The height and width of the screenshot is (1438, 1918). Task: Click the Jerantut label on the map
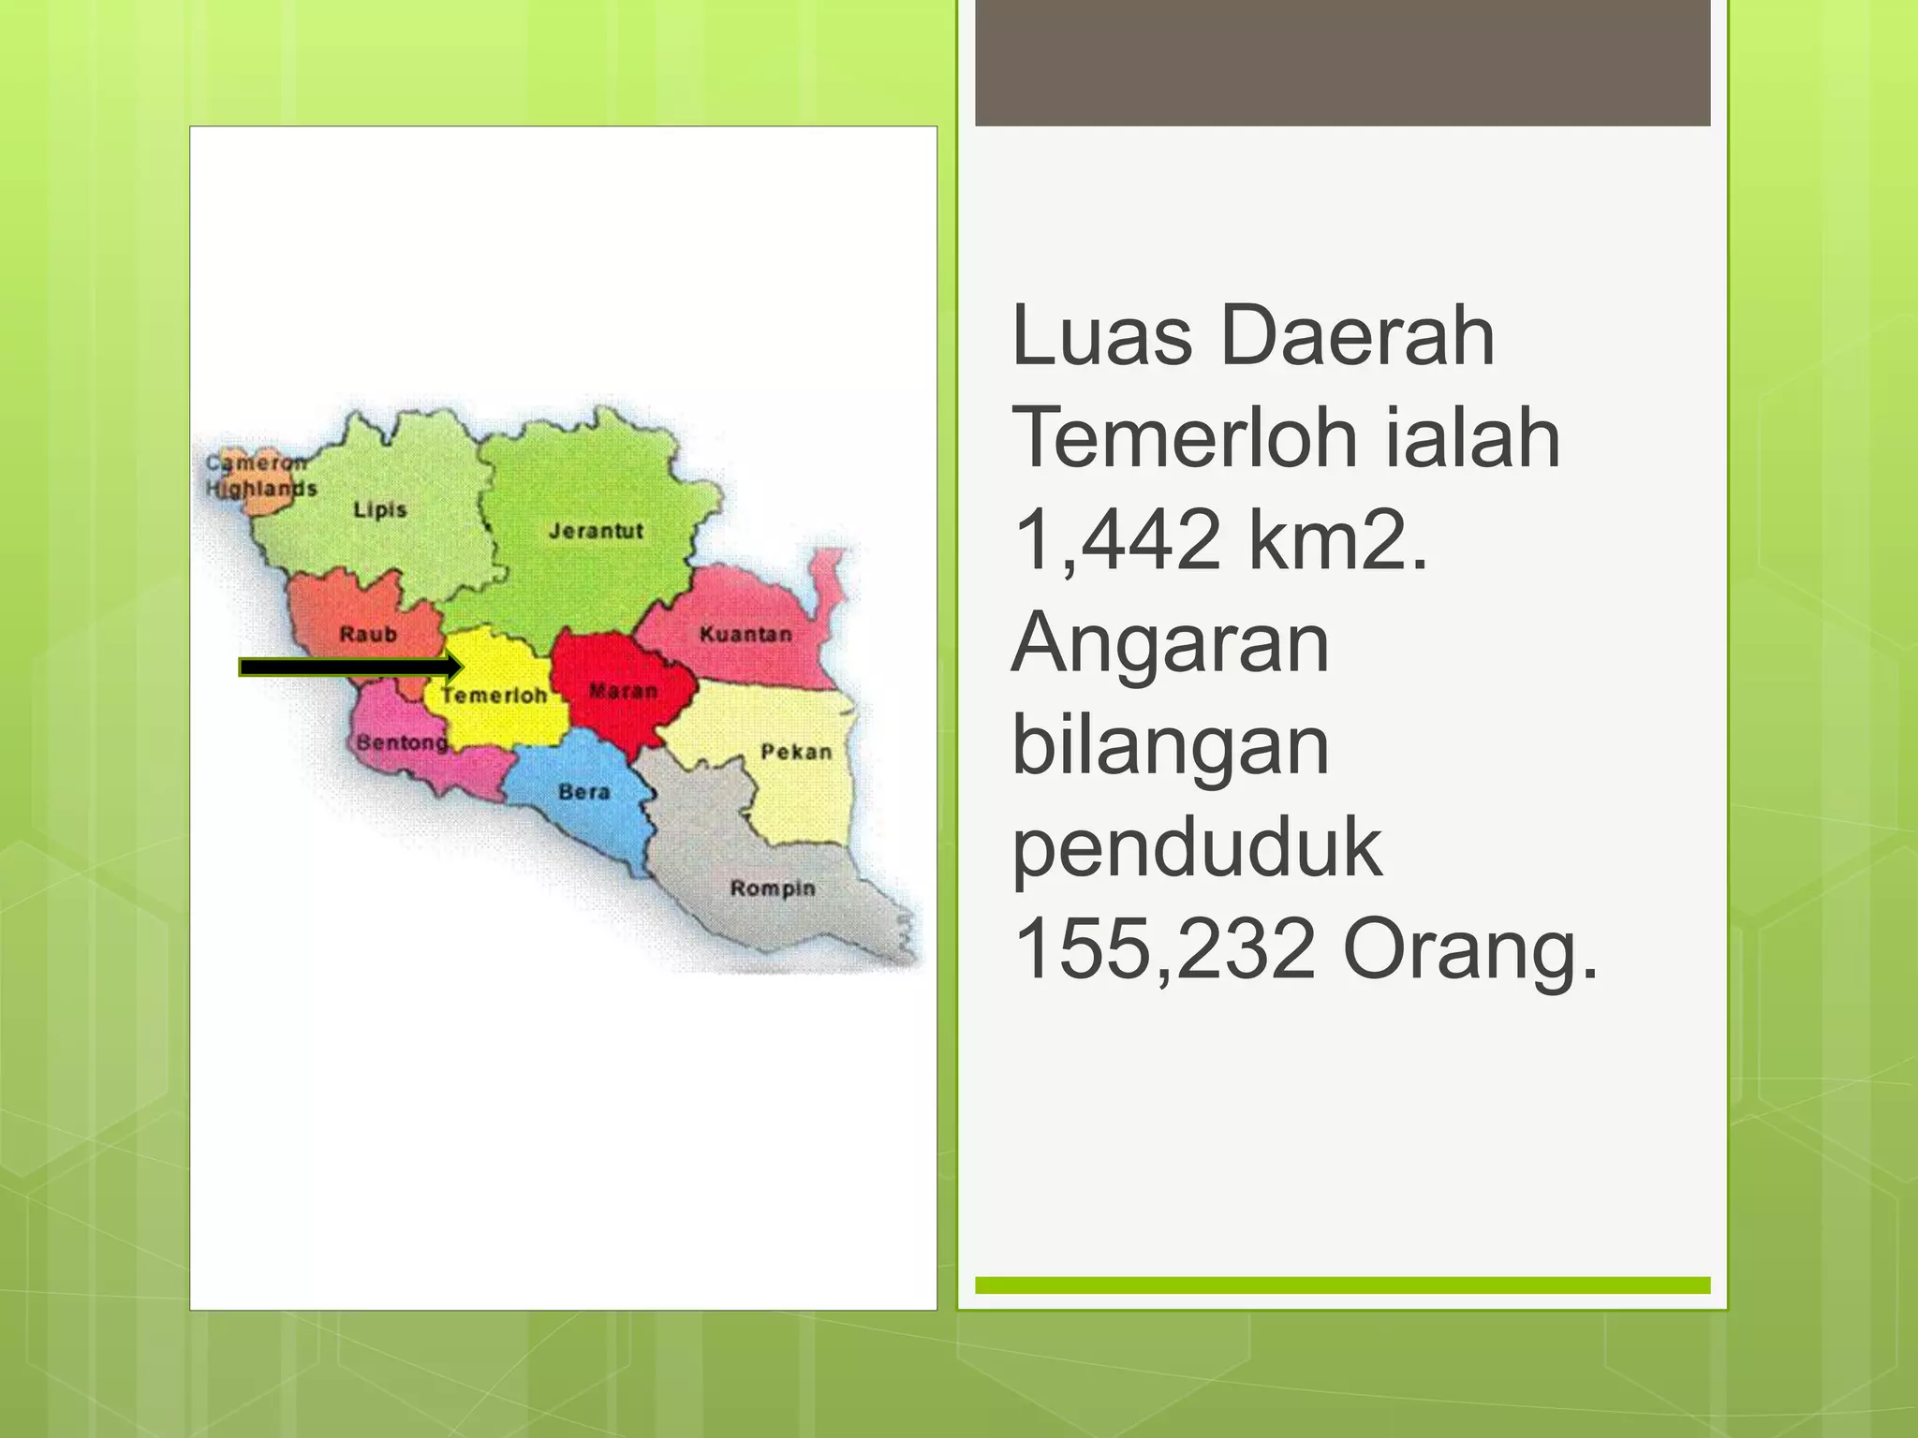pyautogui.click(x=596, y=531)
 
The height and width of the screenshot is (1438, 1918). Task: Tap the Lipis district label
pyautogui.click(x=380, y=510)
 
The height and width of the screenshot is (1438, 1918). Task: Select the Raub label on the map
pyautogui.click(x=368, y=635)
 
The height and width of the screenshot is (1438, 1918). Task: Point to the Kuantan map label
pyautogui.click(x=745, y=635)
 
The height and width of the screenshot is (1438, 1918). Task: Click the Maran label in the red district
pyautogui.click(x=623, y=692)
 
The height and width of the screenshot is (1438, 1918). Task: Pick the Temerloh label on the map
pyautogui.click(x=494, y=696)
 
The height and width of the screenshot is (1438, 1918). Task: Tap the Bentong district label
pyautogui.click(x=402, y=742)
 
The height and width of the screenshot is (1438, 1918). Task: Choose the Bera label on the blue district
pyautogui.click(x=583, y=792)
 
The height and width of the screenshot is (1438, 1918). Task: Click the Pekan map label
pyautogui.click(x=796, y=752)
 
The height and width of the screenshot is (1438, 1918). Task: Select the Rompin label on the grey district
pyautogui.click(x=773, y=888)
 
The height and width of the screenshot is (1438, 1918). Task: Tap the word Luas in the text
pyautogui.click(x=1102, y=335)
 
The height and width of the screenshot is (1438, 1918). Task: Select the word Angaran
pyautogui.click(x=1171, y=643)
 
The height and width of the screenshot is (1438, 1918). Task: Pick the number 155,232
pyautogui.click(x=1165, y=949)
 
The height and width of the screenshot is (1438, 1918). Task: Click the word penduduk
pyautogui.click(x=1197, y=848)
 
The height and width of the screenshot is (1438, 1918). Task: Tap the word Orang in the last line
pyautogui.click(x=1468, y=949)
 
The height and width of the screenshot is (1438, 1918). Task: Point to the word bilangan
pyautogui.click(x=1171, y=746)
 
